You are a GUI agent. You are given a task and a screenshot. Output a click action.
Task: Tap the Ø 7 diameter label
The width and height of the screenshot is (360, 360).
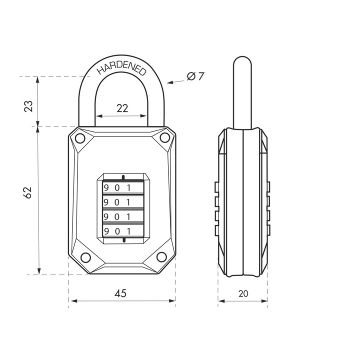point(195,76)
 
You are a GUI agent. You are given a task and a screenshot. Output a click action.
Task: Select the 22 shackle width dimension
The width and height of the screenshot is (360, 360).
point(122,108)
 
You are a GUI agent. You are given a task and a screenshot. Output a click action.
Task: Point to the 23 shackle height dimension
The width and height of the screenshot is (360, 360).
point(28,106)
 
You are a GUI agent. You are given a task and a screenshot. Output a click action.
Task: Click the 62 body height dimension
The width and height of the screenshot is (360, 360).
point(27,192)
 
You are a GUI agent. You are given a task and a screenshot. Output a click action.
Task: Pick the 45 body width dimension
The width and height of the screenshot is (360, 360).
point(120,293)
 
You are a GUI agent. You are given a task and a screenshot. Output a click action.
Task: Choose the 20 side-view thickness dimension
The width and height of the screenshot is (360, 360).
point(243,293)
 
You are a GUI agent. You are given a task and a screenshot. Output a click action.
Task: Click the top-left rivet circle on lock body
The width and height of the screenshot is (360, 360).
point(80,138)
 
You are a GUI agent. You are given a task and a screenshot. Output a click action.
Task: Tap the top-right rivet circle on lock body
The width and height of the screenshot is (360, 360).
point(164,137)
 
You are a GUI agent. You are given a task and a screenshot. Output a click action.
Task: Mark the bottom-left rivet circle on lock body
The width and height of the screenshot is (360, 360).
point(85,257)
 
